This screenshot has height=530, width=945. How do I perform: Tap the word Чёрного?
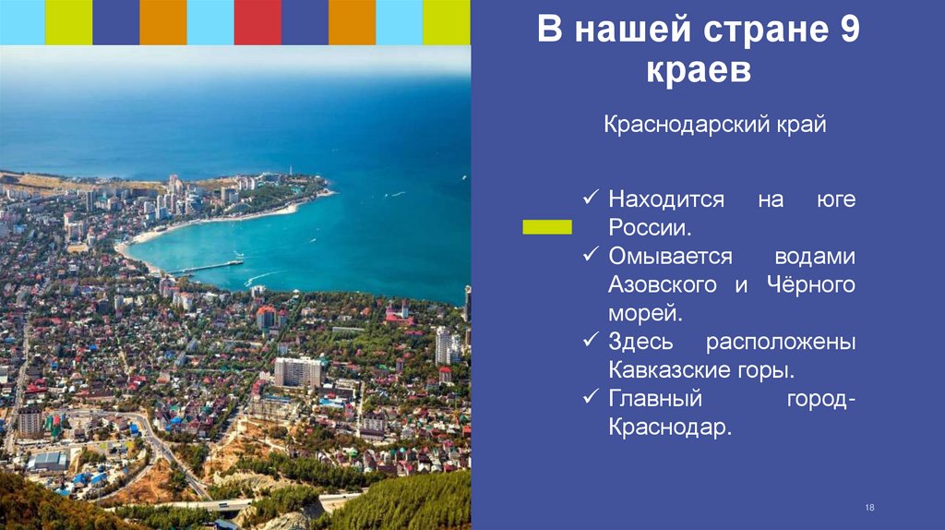click(810, 285)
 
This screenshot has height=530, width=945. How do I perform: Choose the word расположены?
click(781, 343)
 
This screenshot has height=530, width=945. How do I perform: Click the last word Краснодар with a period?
click(669, 428)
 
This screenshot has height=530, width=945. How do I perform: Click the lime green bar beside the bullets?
click(547, 227)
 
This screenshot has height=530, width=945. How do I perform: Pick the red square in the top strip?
click(257, 22)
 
